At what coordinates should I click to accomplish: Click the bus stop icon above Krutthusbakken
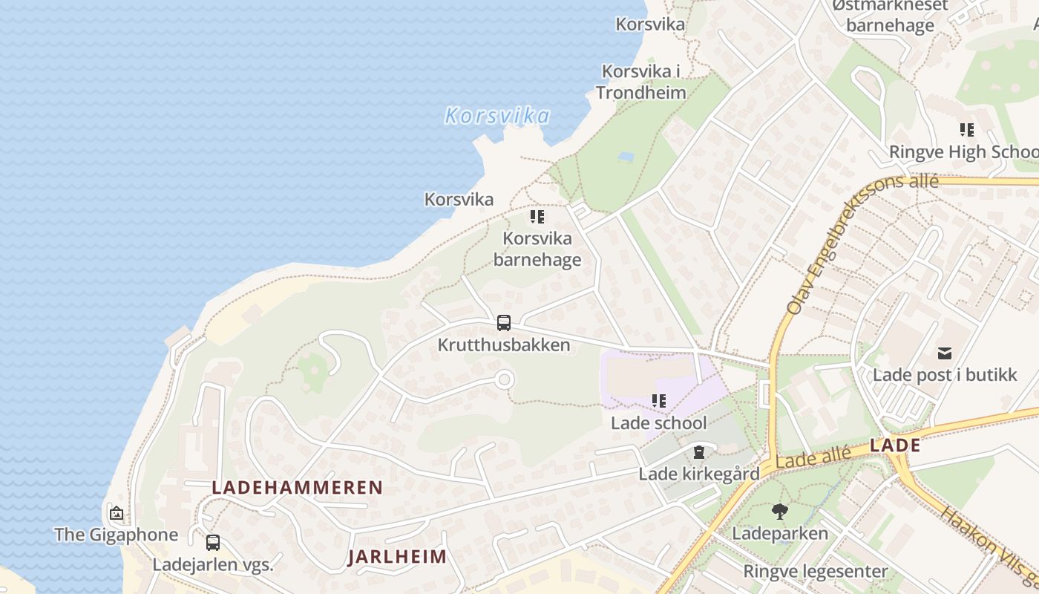(504, 323)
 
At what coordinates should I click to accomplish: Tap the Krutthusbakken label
(504, 345)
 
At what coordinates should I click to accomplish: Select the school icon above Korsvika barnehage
(537, 217)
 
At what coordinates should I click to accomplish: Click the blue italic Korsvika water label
(497, 116)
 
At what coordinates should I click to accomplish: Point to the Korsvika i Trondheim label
(641, 82)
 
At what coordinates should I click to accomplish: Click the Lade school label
(659, 422)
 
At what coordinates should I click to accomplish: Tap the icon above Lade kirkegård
(698, 451)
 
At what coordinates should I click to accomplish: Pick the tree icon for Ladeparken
(779, 511)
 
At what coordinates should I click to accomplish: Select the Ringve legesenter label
(816, 572)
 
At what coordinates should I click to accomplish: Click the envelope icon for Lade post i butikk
(945, 353)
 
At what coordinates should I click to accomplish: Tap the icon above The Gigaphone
(117, 513)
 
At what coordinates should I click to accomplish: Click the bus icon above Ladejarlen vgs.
(213, 543)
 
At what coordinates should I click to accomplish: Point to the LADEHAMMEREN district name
(298, 488)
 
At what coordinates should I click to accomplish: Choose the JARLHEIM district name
(397, 557)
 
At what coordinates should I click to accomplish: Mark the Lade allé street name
(813, 457)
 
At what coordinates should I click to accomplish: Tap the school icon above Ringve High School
(966, 130)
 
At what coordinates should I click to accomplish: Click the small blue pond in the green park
(626, 157)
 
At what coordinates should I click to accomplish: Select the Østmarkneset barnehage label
(890, 16)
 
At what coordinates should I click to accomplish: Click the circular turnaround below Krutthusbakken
(505, 380)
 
